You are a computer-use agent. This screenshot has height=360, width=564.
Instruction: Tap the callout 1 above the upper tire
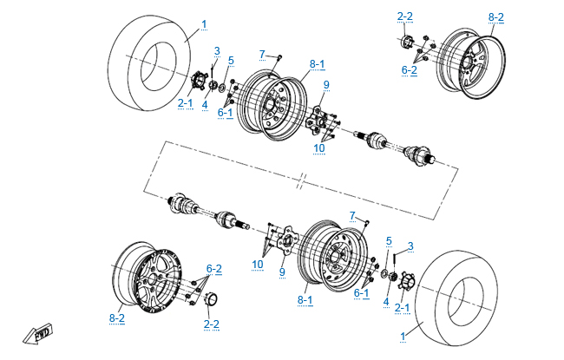click(x=204, y=23)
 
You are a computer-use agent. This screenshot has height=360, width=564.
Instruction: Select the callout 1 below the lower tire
click(x=403, y=335)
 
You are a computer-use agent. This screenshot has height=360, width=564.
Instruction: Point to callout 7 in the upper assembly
click(x=261, y=55)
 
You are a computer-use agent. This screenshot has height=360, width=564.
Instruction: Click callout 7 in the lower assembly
click(x=352, y=215)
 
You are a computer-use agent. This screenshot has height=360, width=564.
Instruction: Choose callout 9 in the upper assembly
click(x=326, y=84)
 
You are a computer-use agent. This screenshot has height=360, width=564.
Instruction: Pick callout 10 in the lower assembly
click(x=258, y=264)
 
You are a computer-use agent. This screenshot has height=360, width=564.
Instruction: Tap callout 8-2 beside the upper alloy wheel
click(x=495, y=16)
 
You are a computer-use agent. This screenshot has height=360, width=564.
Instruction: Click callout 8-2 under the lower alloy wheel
click(x=118, y=318)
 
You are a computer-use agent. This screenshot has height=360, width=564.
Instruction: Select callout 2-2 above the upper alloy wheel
click(x=405, y=16)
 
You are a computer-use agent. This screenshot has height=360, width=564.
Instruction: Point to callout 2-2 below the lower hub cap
click(x=211, y=324)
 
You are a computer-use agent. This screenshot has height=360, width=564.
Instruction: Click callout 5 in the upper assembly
click(x=231, y=60)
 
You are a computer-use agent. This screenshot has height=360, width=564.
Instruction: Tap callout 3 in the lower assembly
click(x=410, y=245)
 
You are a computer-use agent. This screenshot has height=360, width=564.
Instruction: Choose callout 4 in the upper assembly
click(x=205, y=105)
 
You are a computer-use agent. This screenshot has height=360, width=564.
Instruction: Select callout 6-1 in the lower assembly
click(x=362, y=293)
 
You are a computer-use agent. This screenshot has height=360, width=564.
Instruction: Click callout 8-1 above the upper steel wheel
click(x=316, y=64)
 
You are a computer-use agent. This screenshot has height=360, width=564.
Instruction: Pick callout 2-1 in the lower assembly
click(x=402, y=307)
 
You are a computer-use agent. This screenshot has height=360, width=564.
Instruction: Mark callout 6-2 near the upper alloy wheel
click(x=409, y=69)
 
